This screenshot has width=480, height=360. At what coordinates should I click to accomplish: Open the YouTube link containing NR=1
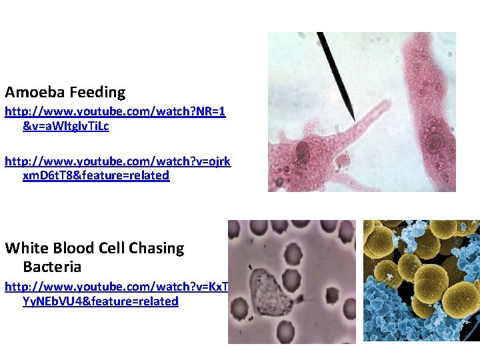tap(115, 112)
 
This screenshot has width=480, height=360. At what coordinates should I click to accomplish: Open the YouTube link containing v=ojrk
tap(118, 161)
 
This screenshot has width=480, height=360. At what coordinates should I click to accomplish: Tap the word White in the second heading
tap(26, 248)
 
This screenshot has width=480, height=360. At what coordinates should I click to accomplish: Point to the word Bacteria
tap(52, 267)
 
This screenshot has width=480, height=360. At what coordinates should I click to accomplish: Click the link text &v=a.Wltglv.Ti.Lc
tap(66, 127)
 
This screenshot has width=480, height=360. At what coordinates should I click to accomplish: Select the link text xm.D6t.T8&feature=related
tap(96, 175)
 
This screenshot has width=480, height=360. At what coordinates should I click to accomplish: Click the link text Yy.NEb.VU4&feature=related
tap(101, 301)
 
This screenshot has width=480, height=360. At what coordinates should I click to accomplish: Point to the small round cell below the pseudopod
tap(343, 161)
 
